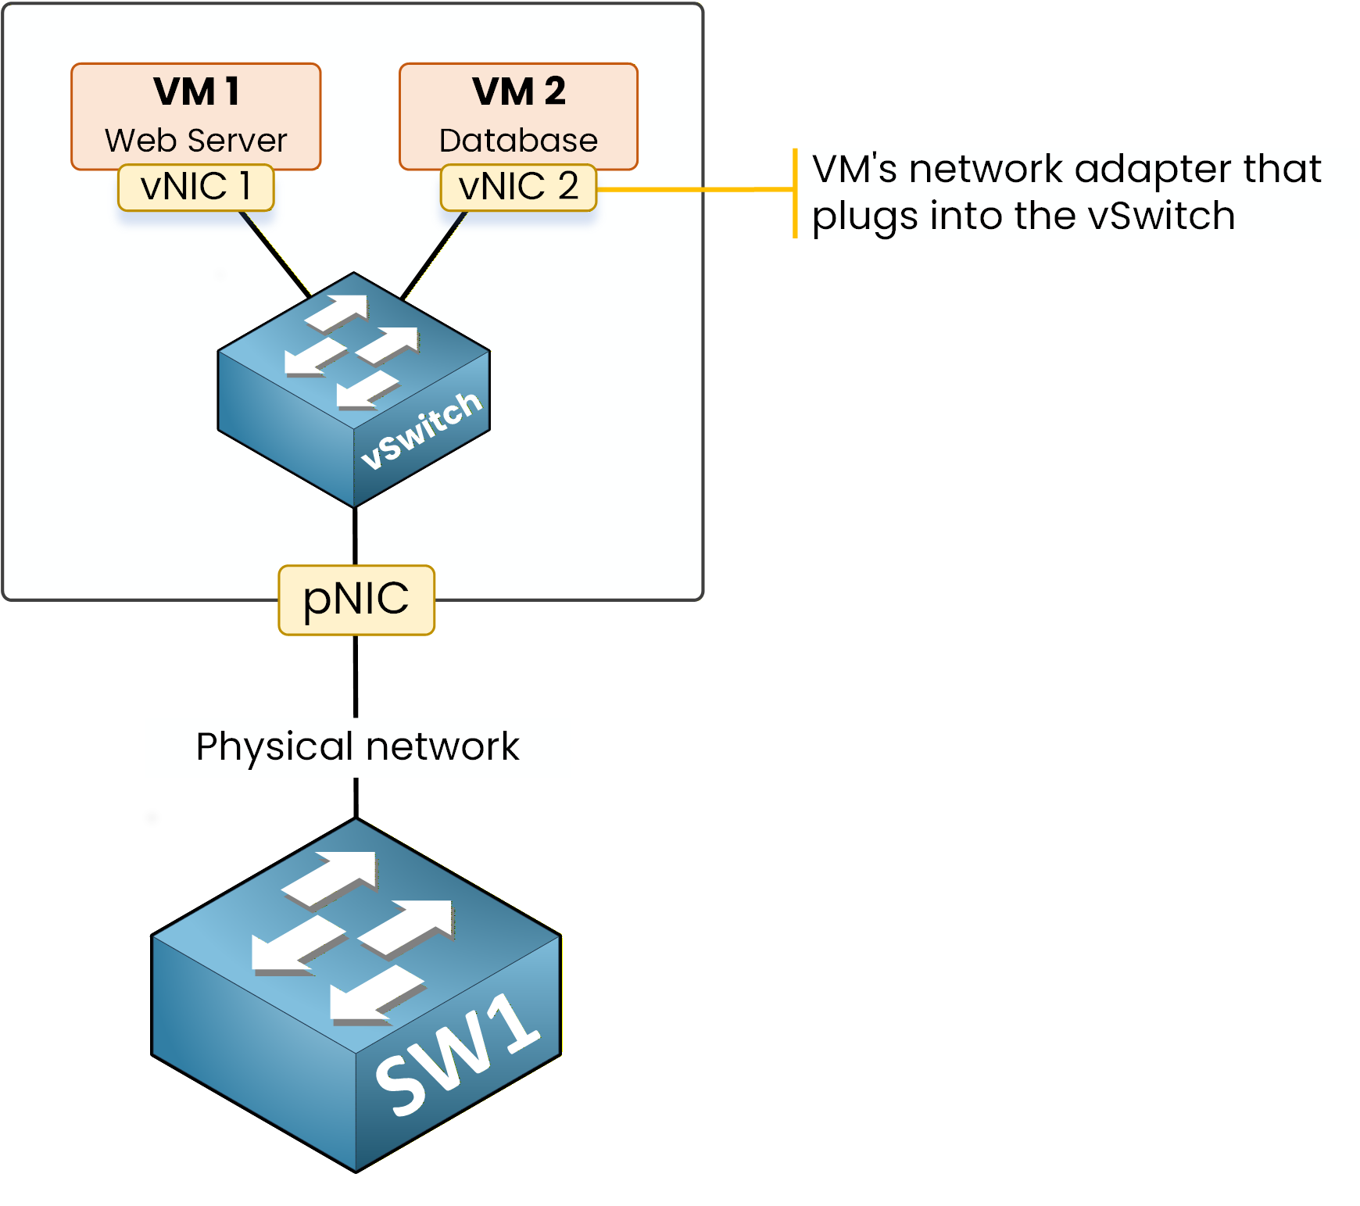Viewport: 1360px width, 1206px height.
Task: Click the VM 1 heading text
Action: coord(196,91)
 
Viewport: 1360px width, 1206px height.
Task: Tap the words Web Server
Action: coord(196,141)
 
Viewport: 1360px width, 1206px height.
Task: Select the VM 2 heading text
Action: coord(518,91)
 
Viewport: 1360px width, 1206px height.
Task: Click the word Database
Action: coord(518,141)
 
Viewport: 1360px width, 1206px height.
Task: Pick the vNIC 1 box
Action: coord(195,188)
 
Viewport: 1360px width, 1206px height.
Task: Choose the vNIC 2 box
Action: coord(518,188)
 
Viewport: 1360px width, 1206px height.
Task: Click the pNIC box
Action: coord(356,599)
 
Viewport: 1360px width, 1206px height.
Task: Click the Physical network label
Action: coord(357,746)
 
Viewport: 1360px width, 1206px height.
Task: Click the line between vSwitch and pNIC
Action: coord(356,536)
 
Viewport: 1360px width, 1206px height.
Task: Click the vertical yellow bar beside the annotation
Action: coord(795,192)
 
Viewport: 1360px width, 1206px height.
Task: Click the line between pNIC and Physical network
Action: coord(356,675)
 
